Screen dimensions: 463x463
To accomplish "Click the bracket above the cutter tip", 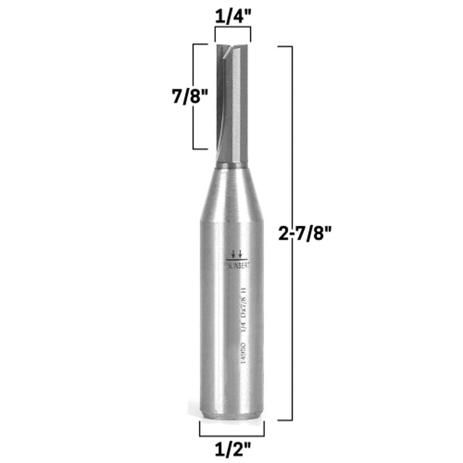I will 233,34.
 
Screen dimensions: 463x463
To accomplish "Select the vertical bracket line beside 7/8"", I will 194,97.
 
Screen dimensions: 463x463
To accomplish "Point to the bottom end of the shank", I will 232,414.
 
